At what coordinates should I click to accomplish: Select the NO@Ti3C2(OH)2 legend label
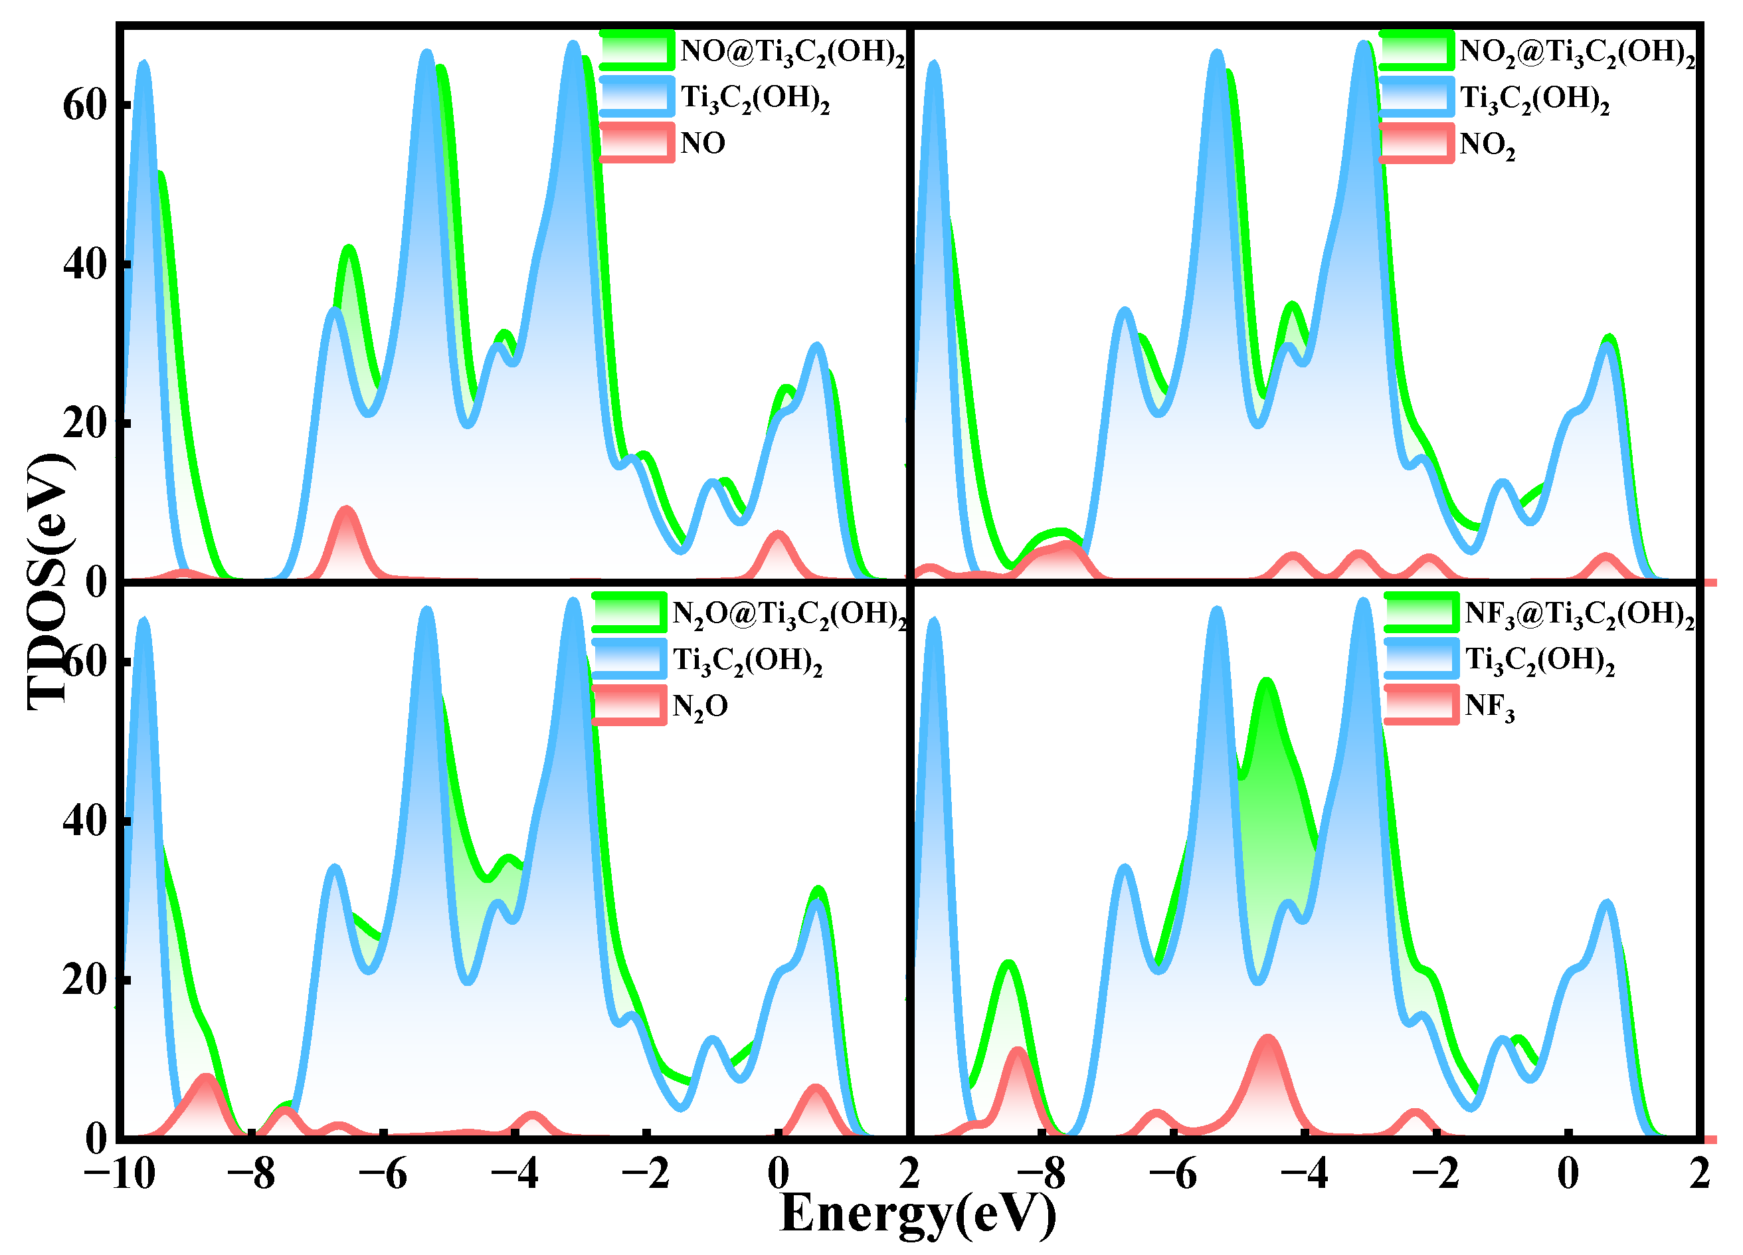[792, 52]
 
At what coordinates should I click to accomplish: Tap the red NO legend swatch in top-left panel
[637, 142]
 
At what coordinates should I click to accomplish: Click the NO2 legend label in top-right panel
[1487, 144]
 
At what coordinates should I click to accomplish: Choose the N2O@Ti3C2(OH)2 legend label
[788, 614]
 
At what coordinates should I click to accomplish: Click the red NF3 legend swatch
[1421, 705]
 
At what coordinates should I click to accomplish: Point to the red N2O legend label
[699, 706]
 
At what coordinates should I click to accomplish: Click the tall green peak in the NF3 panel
[1266, 684]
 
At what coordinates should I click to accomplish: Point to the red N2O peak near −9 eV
[206, 1080]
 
